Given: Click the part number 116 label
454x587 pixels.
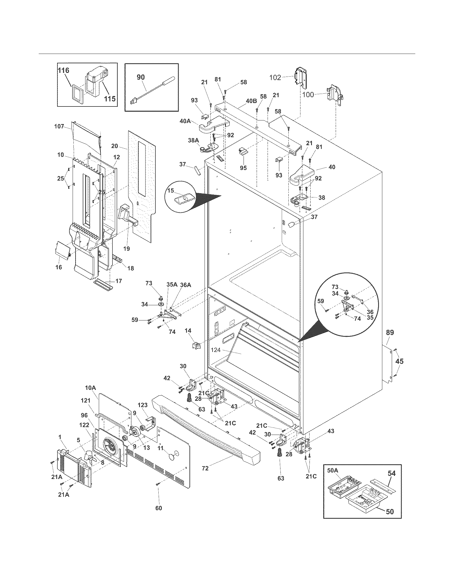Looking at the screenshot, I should [x=64, y=70].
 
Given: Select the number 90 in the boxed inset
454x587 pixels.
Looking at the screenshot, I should [x=141, y=77].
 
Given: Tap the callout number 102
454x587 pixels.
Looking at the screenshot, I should [x=275, y=78].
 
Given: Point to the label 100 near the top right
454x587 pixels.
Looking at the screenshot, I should [x=308, y=95].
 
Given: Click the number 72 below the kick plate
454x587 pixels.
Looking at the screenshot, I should [x=205, y=468].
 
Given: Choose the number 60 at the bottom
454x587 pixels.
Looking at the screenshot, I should [x=159, y=508].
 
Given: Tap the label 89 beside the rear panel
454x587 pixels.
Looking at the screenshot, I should [x=390, y=332].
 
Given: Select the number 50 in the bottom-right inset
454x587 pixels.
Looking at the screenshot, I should [x=390, y=511].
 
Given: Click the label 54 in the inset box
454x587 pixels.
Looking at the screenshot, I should [x=392, y=473].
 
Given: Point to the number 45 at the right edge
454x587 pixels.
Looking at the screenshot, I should [x=400, y=361].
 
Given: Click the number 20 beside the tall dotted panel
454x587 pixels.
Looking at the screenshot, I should [x=115, y=146].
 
